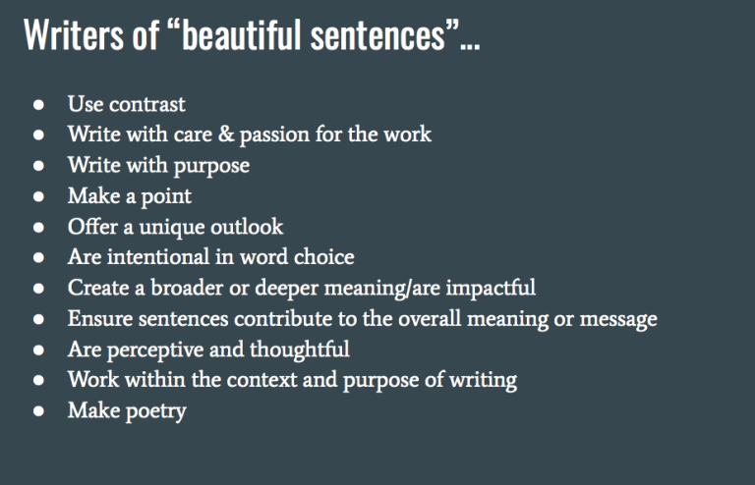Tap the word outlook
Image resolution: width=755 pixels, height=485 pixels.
coord(249,227)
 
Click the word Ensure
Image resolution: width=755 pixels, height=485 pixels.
coord(100,319)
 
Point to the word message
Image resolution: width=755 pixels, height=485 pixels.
coord(617,320)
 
